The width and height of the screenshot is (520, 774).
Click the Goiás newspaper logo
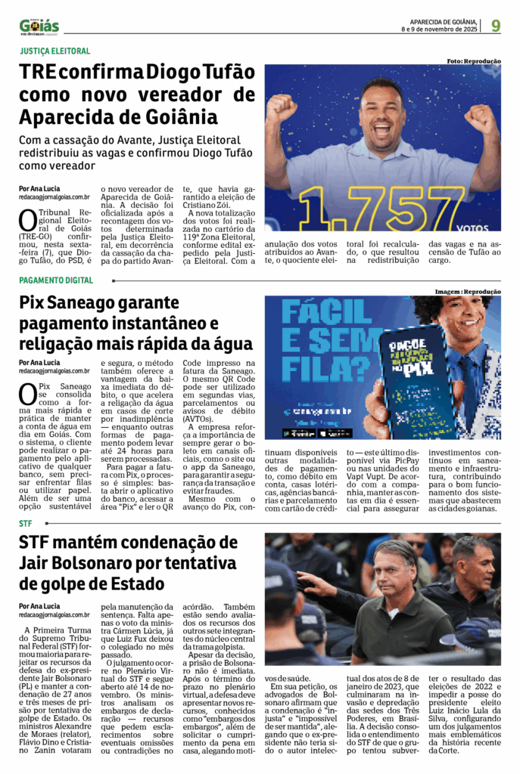(x=39, y=26)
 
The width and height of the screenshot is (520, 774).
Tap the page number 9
(x=496, y=26)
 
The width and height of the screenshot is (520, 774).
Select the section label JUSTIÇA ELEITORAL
(x=54, y=51)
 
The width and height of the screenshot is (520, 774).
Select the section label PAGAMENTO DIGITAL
(x=57, y=280)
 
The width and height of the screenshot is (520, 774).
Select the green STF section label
(x=26, y=523)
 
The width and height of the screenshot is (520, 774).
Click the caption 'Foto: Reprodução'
(x=473, y=61)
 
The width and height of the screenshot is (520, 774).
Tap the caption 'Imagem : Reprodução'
(x=467, y=291)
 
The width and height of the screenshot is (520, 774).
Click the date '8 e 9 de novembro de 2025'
(x=439, y=29)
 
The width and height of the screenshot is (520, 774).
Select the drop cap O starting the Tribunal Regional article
(x=27, y=220)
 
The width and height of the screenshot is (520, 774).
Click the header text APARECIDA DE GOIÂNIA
(x=443, y=21)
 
